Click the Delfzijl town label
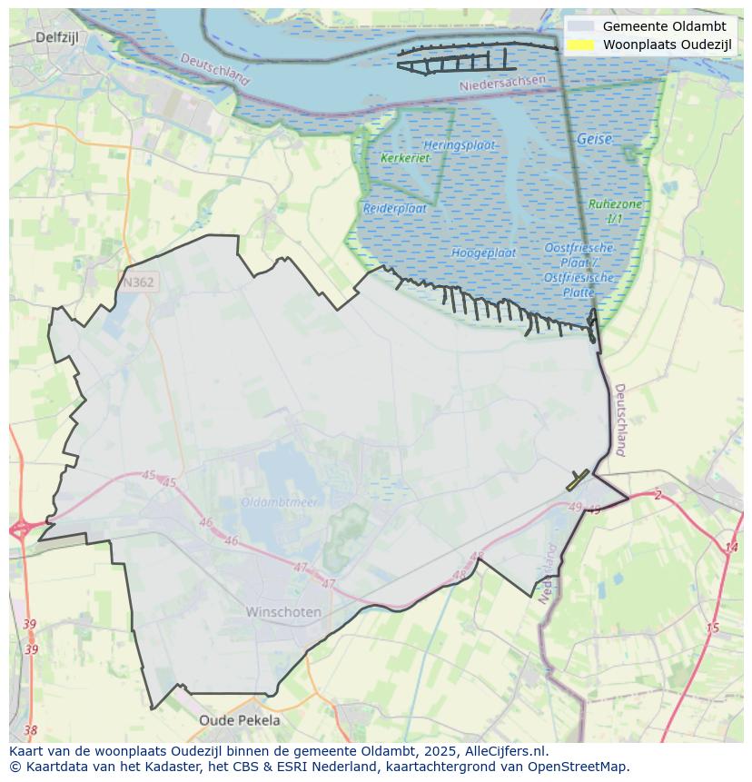click(x=60, y=37)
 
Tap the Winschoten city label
click(x=283, y=612)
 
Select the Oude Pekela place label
click(x=240, y=720)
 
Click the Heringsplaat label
click(x=459, y=145)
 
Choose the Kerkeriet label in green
click(x=405, y=158)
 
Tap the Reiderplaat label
click(x=395, y=208)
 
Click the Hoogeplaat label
click(x=484, y=252)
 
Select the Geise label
click(x=594, y=140)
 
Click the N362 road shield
click(x=138, y=282)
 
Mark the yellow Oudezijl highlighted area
click(x=577, y=480)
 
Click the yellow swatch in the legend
click(x=581, y=45)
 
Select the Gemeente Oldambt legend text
click(x=664, y=26)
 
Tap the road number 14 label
click(x=731, y=547)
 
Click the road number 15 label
click(x=712, y=628)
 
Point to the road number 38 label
click(x=31, y=730)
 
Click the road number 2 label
click(x=658, y=495)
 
